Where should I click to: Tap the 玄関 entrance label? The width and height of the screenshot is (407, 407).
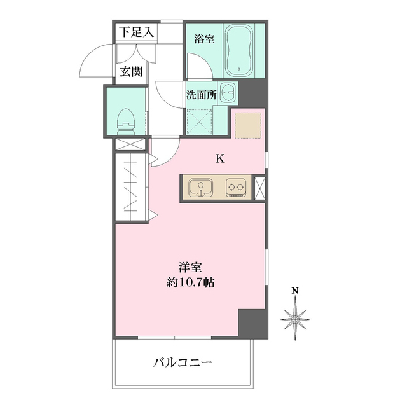132,71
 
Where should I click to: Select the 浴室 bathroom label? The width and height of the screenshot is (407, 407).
205,39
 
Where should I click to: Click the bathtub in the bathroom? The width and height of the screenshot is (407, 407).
239,50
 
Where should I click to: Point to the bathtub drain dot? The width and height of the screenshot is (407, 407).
239,69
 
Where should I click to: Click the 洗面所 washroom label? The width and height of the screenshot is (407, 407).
202,95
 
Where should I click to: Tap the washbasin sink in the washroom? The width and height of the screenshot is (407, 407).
228,92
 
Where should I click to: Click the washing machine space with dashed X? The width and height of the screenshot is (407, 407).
199,121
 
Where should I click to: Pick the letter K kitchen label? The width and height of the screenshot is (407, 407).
221,158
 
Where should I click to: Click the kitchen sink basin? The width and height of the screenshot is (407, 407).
201,188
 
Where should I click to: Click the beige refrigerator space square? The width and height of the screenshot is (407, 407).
248,125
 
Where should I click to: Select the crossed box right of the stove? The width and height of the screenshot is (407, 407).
260,188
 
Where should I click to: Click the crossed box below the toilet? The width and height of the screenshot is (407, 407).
130,144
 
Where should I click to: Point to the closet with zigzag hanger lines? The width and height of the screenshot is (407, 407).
132,187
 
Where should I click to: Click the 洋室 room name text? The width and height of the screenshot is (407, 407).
190,268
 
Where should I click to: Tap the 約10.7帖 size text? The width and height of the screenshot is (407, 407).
190,282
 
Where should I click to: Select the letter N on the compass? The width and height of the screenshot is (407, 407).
295,291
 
